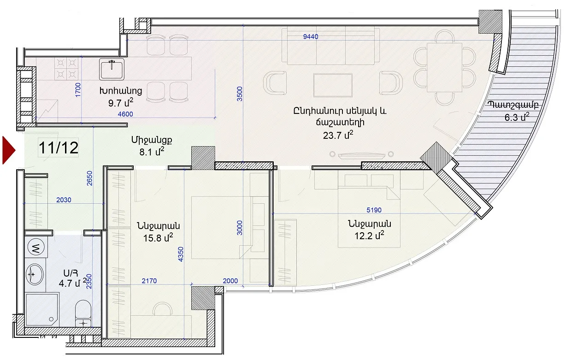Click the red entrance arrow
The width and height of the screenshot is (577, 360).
(x=8, y=150)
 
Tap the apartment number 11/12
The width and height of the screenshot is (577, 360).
(x=59, y=148)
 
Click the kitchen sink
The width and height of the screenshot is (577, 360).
(x=112, y=69)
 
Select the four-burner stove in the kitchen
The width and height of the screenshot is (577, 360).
(x=66, y=69)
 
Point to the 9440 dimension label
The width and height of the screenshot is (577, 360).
(x=311, y=36)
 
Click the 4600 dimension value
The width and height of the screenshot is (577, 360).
(x=125, y=114)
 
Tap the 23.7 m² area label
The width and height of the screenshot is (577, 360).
(x=338, y=135)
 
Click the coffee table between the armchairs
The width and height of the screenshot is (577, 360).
(x=333, y=85)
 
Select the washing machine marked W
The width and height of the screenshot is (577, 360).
(x=36, y=247)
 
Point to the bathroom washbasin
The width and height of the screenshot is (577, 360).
(x=35, y=274)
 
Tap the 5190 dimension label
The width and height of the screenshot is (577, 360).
(x=374, y=210)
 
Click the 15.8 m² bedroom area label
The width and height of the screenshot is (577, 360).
(x=158, y=237)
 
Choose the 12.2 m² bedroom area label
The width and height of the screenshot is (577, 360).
(x=370, y=236)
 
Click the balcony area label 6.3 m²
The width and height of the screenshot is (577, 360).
(x=517, y=117)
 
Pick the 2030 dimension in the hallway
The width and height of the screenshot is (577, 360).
(x=64, y=200)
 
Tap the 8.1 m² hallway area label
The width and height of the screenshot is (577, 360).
(x=152, y=152)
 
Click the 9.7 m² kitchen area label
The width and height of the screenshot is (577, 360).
(x=121, y=103)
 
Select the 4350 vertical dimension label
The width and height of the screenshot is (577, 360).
(x=181, y=254)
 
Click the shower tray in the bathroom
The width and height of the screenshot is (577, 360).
(x=42, y=310)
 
